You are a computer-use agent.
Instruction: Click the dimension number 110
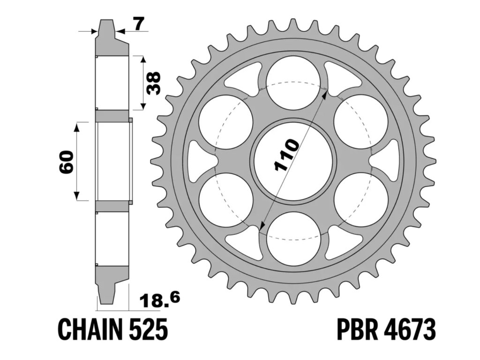pos(285,154)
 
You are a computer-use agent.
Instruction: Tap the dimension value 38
pos(153,83)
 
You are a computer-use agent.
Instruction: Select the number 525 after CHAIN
pos(149,330)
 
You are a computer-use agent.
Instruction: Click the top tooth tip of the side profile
pos(107,22)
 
